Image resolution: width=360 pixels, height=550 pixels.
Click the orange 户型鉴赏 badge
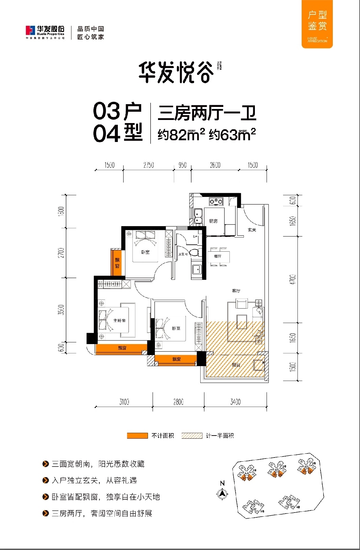coord(317,24)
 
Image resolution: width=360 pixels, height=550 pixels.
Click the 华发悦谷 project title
coord(176,73)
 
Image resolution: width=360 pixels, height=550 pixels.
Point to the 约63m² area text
coord(232,134)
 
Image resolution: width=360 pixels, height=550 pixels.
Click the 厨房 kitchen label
coord(213,221)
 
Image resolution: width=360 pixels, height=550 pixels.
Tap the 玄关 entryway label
coord(252,230)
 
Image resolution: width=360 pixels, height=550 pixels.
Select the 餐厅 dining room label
coord(217,256)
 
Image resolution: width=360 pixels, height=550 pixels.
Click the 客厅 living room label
coord(236,291)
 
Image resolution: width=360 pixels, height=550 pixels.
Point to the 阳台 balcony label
coord(236,365)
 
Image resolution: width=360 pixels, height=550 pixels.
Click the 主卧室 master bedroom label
coord(119,320)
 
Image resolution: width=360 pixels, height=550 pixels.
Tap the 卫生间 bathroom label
coord(183,254)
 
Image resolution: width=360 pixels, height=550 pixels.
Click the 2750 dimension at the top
coord(148,165)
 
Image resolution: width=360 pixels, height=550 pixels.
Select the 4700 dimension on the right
coord(292,279)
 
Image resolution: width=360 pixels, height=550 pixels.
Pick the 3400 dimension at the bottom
coord(235,401)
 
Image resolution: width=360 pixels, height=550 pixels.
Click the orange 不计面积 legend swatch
coord(137,436)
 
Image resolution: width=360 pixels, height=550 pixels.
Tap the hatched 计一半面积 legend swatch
coord(192,436)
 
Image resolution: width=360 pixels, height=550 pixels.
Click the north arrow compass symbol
coord(223,492)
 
